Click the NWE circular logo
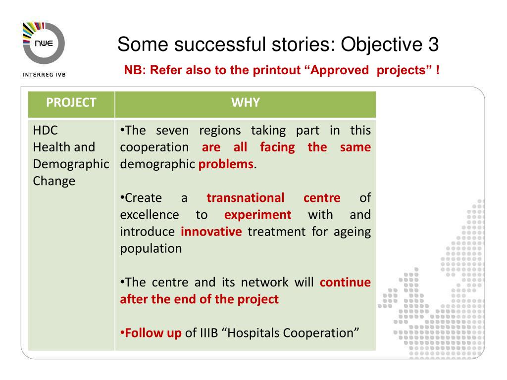(44, 43)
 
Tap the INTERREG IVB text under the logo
(44, 75)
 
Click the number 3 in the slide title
(433, 44)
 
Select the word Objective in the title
(381, 45)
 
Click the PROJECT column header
(71, 102)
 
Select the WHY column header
(246, 102)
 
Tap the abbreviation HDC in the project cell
(45, 130)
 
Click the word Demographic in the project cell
(71, 164)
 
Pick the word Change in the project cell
(54, 181)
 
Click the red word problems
(226, 164)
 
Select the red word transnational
(246, 198)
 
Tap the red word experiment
(257, 215)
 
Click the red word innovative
(211, 232)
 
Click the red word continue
(345, 283)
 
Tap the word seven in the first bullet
(172, 131)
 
